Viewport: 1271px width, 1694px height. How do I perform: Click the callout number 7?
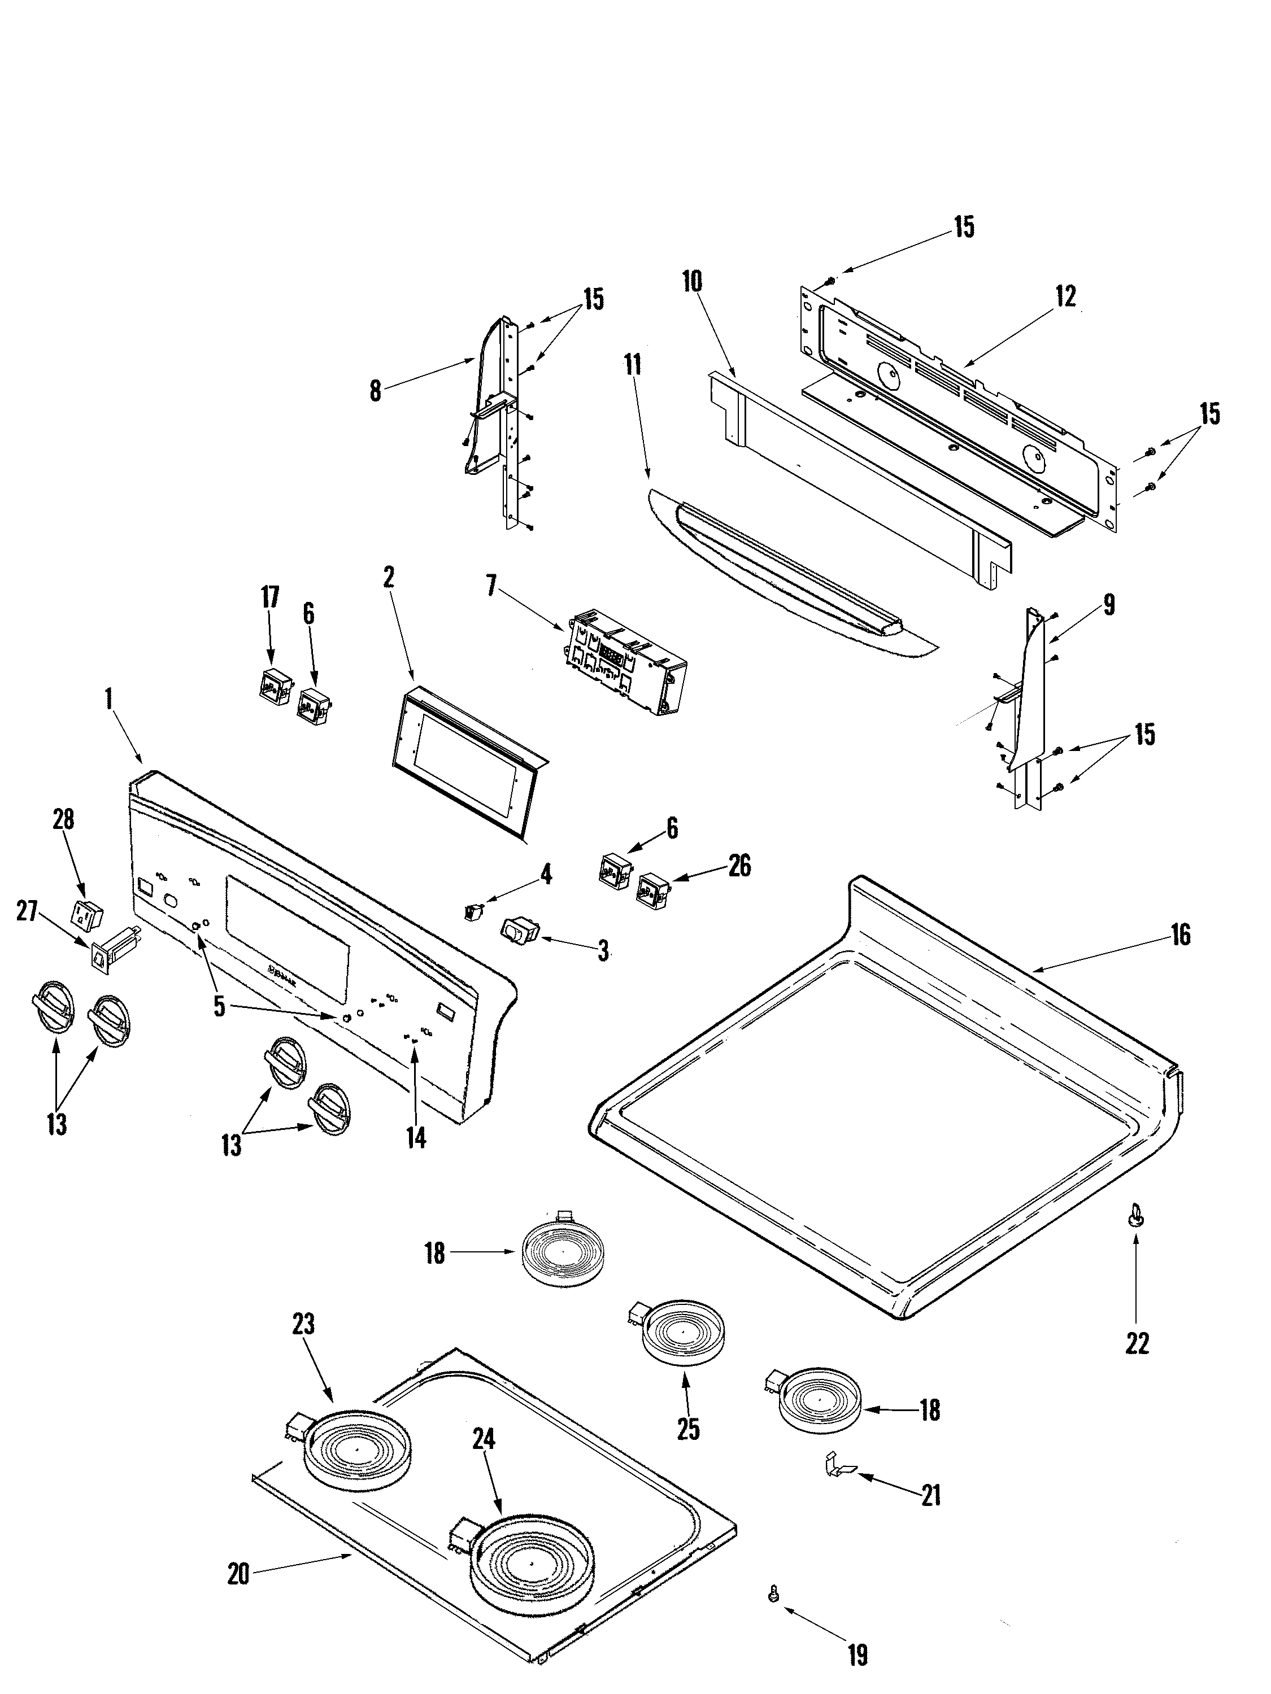pos(491,587)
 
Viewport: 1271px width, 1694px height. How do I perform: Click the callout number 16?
pos(1181,935)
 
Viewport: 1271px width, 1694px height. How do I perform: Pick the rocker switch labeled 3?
pos(520,929)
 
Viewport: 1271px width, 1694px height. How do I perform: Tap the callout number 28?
pos(64,819)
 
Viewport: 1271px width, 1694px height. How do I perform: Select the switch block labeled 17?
pos(273,686)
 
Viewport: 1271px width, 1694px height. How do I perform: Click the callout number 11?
pos(632,365)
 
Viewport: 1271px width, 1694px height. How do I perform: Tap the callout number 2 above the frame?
pos(389,578)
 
